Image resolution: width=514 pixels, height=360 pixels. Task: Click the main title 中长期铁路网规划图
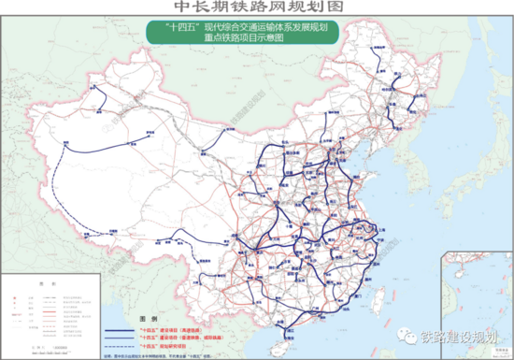click(x=258, y=7)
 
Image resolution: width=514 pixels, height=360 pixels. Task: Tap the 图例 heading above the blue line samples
click(x=139, y=317)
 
